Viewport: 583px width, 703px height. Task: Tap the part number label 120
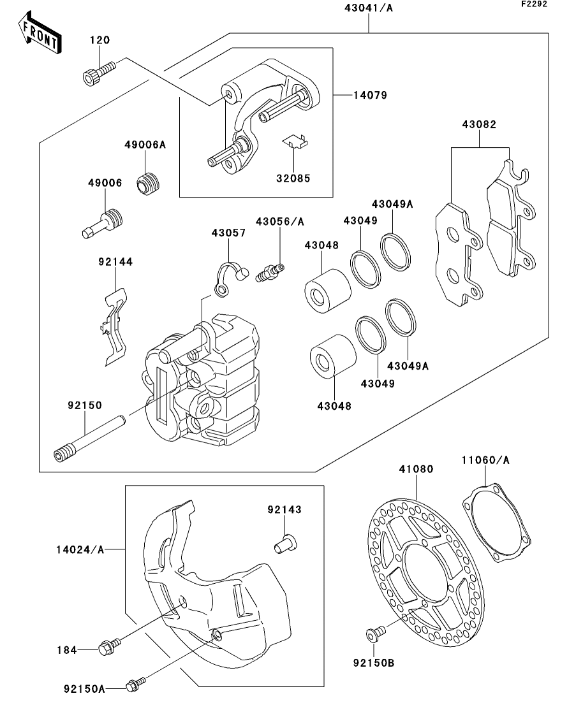(x=99, y=40)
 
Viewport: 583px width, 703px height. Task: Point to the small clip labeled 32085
(x=295, y=143)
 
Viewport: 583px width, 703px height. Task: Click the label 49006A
(x=145, y=145)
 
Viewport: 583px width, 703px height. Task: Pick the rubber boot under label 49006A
(x=150, y=182)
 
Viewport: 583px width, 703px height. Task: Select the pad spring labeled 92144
(x=114, y=325)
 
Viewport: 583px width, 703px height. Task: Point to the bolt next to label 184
(x=105, y=649)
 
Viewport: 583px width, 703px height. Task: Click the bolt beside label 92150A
(x=135, y=686)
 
